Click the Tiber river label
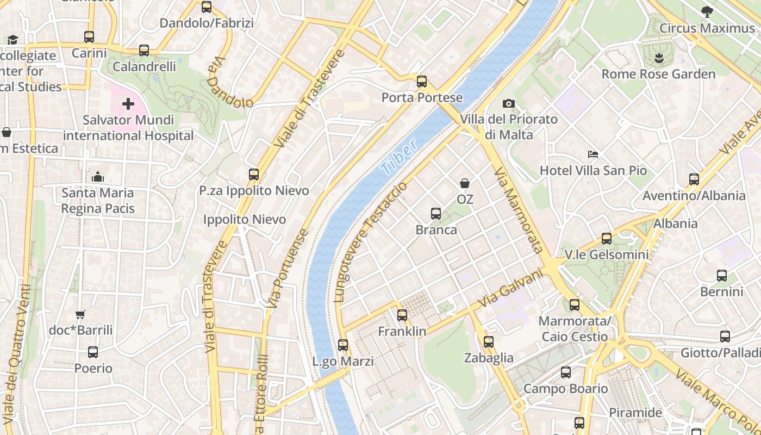pos(400,157)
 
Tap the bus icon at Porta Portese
pos(422,82)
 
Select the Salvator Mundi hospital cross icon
pos(128,104)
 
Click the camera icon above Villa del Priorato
pos(508,103)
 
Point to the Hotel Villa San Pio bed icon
pos(593,155)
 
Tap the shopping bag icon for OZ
pos(465,183)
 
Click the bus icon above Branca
pos(436,214)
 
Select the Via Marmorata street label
pos(518,210)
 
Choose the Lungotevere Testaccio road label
pos(371,242)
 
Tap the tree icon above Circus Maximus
pos(707,11)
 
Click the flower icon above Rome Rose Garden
pos(659,58)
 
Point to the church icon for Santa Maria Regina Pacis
pos(98,177)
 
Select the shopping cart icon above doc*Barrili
pos(80,314)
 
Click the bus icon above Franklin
pos(402,315)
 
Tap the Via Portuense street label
pos(288,269)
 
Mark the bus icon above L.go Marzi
pos(343,345)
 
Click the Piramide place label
pos(635,412)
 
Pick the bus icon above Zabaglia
pos(489,341)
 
